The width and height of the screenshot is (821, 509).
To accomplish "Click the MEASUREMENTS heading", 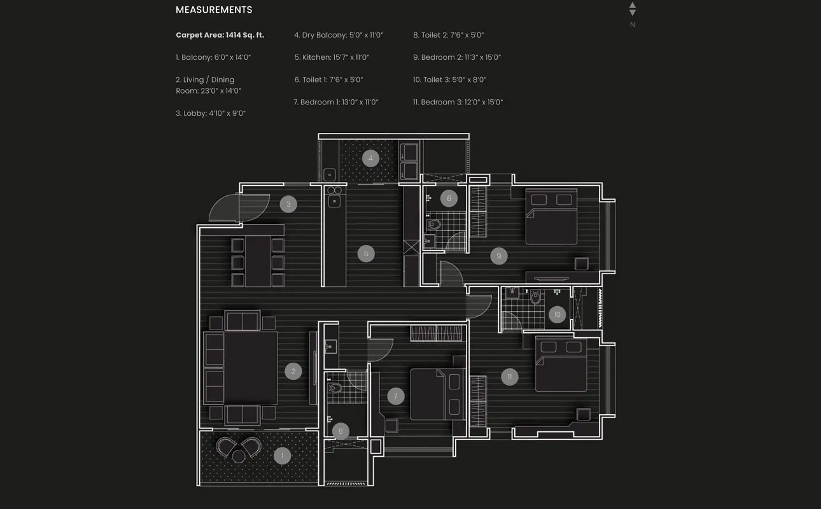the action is [x=214, y=10].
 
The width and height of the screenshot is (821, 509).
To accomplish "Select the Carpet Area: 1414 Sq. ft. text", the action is [x=220, y=35].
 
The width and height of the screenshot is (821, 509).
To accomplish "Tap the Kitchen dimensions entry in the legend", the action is [x=332, y=57].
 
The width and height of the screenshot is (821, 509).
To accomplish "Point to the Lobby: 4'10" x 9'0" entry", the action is [x=211, y=113].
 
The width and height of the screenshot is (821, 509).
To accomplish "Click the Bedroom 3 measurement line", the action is [x=458, y=102].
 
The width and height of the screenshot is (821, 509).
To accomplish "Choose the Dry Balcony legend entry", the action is [x=339, y=35].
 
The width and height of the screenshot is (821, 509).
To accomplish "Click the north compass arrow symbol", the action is [x=632, y=9].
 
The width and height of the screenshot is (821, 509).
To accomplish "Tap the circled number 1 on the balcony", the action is [x=282, y=456].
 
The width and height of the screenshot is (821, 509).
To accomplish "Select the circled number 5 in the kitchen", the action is [x=366, y=254].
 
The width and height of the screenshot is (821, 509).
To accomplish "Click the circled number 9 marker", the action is [x=499, y=256].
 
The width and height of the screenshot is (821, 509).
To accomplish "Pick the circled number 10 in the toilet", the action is [x=557, y=314].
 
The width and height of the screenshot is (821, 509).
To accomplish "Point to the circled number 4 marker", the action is [x=370, y=158].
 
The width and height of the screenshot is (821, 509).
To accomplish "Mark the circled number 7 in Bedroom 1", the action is [x=395, y=396].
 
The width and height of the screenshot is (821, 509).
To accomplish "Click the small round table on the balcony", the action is [x=239, y=456].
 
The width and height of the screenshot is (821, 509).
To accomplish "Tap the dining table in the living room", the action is [x=258, y=261].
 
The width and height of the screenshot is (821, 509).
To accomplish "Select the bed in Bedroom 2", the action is [x=551, y=216].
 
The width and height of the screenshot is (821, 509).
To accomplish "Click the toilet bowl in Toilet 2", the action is [x=434, y=223].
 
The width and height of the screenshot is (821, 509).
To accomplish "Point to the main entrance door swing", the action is [x=239, y=208].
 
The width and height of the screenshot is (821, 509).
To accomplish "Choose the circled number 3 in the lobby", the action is [x=288, y=204].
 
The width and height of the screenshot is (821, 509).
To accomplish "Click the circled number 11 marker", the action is [x=509, y=377].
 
